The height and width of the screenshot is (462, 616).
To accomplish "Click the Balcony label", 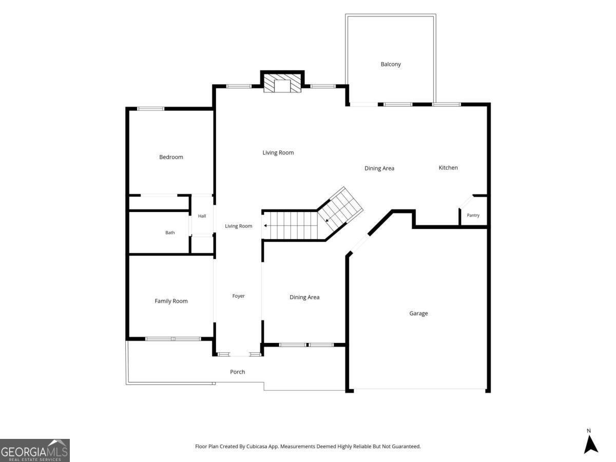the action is point(390,64).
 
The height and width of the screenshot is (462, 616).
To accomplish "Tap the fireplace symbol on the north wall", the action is point(282,83).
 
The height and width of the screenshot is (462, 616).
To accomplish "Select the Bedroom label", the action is point(171,157).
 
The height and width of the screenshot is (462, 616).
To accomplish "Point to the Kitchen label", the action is point(448,168).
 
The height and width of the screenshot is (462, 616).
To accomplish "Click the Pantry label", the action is point(473,216).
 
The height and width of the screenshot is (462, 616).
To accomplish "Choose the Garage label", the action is point(418,313).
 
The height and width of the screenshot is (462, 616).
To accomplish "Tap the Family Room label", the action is point(171,301).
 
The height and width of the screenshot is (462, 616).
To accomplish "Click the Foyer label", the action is point(238,296).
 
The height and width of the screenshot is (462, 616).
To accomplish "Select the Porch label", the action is point(238,372).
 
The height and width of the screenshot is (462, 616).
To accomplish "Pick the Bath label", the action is point(170,233).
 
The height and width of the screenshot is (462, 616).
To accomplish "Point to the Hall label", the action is point(202,216).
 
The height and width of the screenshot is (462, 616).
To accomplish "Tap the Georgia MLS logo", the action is point(35,450).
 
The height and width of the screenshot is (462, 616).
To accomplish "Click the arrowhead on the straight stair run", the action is point(265,225).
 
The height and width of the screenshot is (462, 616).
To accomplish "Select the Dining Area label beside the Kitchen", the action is point(379,168).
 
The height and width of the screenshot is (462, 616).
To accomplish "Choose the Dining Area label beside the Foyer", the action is point(304,297).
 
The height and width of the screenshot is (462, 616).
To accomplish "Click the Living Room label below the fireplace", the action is point(278,152).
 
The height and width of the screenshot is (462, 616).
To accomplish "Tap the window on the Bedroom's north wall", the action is point(150,108).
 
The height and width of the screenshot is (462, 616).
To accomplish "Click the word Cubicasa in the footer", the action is point(257,446).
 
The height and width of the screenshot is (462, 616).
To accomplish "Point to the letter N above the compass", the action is point(589,431).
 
